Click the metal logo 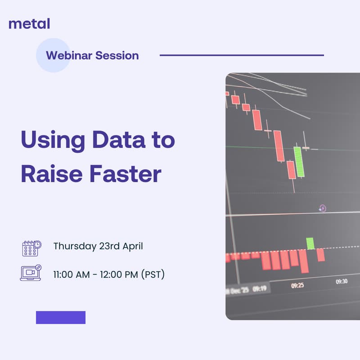pos(29,23)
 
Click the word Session pos(119,56)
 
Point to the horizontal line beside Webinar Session pos(242,55)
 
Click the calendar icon pos(31,247)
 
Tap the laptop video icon pos(31,273)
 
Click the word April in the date pos(132,247)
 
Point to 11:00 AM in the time pos(72,274)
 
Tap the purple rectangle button pos(61,317)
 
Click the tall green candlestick pos(299,162)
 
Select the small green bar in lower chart pos(310,243)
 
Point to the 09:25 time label pos(297,285)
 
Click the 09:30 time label pos(342,281)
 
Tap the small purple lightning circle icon pos(322,208)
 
